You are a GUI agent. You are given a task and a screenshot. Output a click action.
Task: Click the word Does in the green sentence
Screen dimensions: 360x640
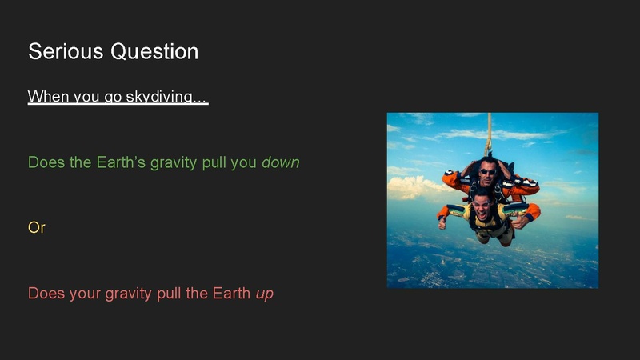[43, 162]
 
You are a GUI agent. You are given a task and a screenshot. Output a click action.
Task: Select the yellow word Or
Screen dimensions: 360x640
[37, 228]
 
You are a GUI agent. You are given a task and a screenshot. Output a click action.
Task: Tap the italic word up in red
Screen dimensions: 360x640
[265, 294]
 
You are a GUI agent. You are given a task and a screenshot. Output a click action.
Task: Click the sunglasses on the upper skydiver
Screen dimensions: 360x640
[487, 170]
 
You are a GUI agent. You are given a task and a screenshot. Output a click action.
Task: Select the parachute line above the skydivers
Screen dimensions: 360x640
[489, 132]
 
